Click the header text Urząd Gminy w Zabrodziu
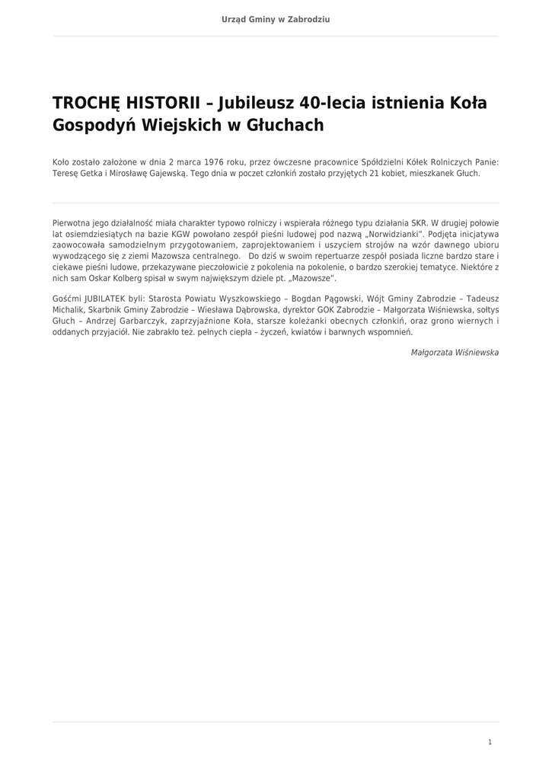coord(276,19)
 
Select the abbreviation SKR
coord(420,223)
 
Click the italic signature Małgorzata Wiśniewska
coord(455,353)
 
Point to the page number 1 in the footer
coord(490,742)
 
